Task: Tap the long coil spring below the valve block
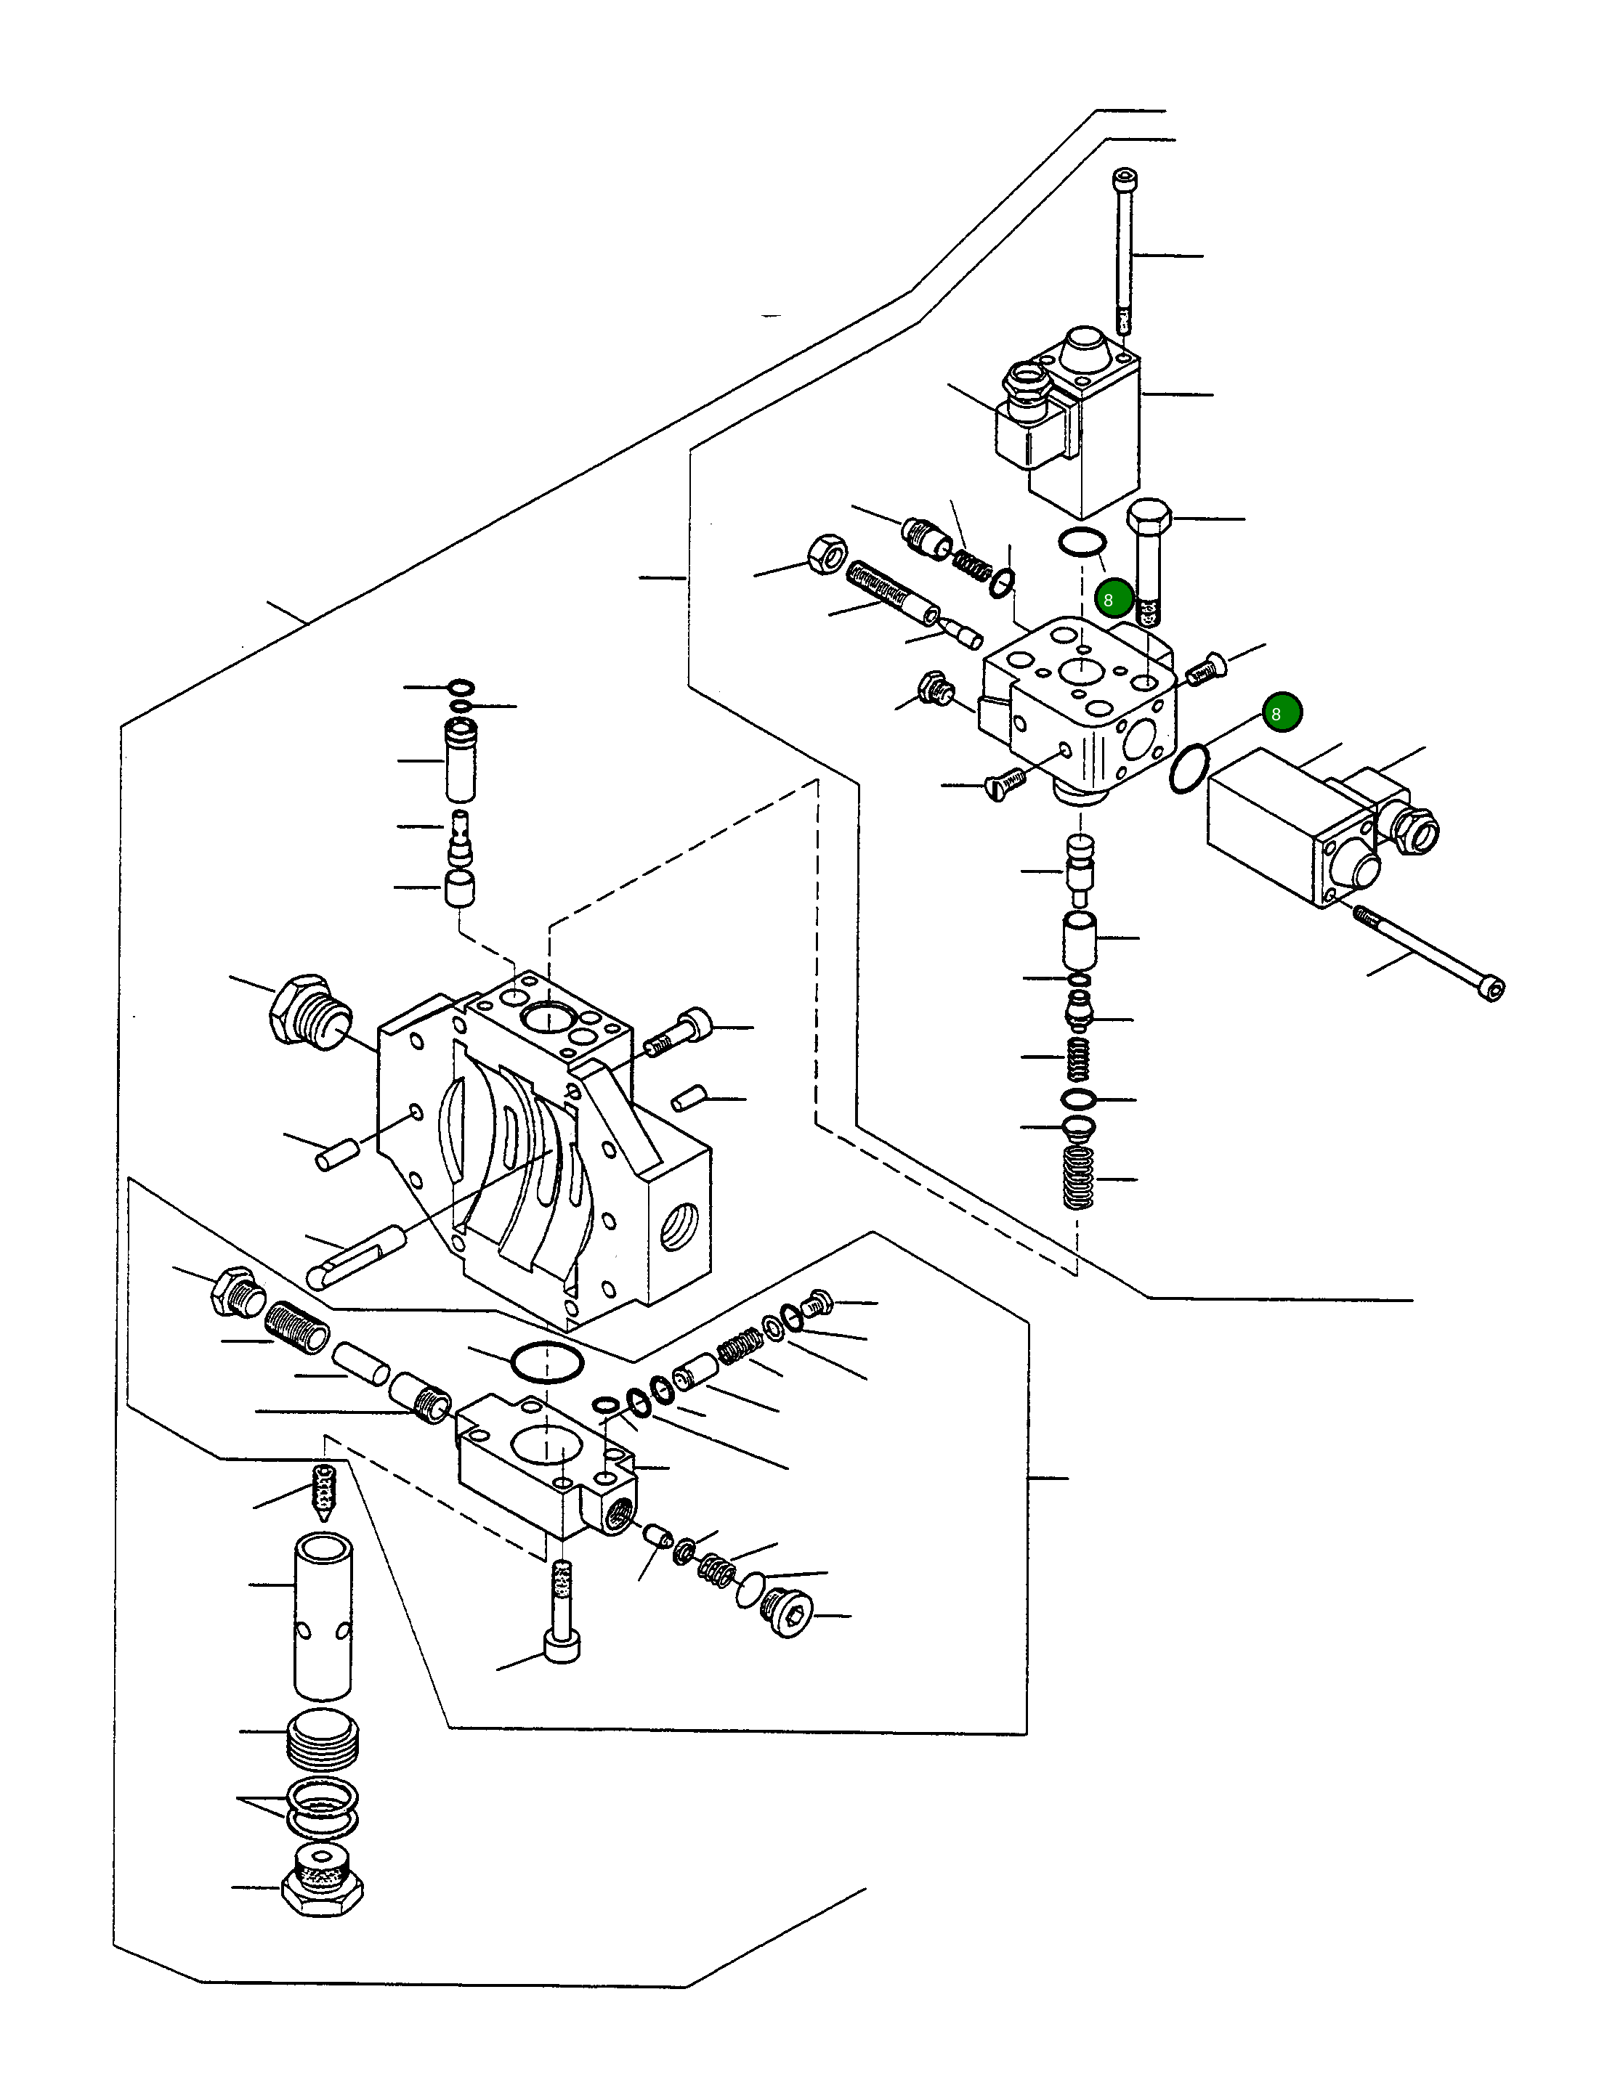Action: coord(1079,1178)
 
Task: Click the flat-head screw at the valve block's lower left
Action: coord(1005,786)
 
